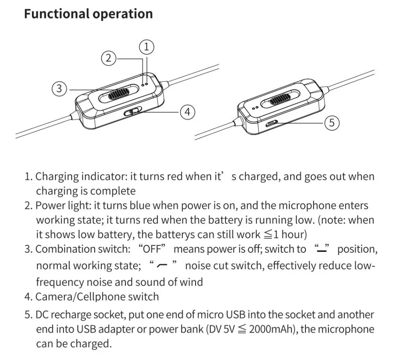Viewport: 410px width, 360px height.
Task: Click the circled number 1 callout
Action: (x=147, y=47)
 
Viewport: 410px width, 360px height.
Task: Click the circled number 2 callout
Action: (x=109, y=58)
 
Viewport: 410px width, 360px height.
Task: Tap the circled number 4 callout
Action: (x=187, y=111)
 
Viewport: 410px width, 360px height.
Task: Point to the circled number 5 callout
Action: (x=332, y=122)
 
